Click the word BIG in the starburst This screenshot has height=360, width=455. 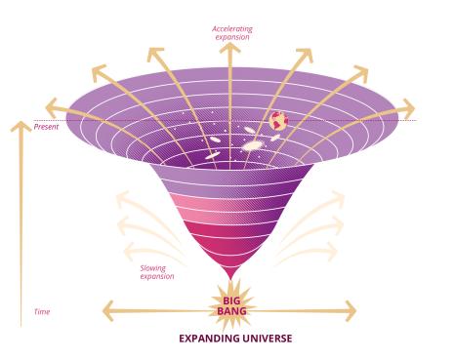click(x=231, y=300)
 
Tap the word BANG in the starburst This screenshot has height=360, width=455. click(x=231, y=311)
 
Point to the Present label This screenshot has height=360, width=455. click(x=46, y=127)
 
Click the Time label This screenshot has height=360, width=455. click(x=42, y=312)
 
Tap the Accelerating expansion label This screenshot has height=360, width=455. click(x=232, y=33)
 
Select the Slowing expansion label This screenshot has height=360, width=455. click(x=157, y=272)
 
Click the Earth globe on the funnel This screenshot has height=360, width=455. click(x=278, y=121)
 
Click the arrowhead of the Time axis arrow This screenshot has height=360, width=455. click(x=21, y=126)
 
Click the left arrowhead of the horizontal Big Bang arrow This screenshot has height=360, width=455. click(x=108, y=311)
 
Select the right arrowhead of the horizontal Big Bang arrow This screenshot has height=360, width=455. click(x=351, y=311)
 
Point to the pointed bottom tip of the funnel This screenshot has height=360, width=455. click(x=231, y=279)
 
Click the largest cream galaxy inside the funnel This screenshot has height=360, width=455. click(x=254, y=145)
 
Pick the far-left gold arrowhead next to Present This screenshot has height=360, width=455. click(x=52, y=107)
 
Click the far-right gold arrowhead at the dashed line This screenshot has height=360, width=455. click(x=408, y=108)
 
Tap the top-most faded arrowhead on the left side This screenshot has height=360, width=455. click(x=123, y=199)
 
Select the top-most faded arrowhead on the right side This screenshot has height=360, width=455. click(x=337, y=198)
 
